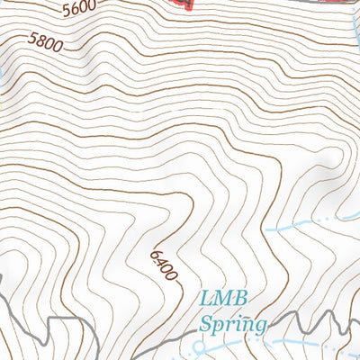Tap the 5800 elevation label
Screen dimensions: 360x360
44,42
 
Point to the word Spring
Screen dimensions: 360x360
233,322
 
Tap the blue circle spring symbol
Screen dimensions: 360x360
200,345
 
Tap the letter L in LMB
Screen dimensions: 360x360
205,299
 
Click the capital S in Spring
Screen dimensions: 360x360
207,321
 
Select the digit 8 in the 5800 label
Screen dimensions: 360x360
40,41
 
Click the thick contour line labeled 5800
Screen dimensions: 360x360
135,51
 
